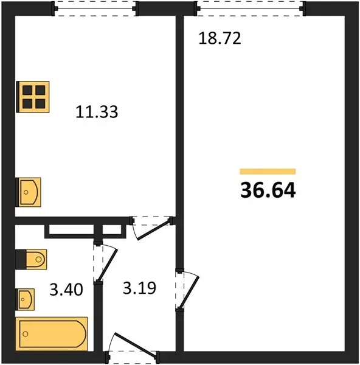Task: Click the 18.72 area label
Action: (220, 38)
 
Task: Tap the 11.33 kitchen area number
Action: (97, 112)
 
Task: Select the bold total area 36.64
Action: (268, 190)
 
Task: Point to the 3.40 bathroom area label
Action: (66, 290)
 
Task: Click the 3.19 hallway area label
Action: (139, 288)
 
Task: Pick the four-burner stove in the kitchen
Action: (33, 97)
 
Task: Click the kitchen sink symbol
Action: (28, 192)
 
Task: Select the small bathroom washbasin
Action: (25, 299)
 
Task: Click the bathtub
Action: (52, 334)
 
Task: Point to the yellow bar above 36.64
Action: (268, 172)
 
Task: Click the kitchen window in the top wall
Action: (95, 9)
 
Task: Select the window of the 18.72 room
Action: (250, 9)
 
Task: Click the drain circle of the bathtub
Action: (26, 334)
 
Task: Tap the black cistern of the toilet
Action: (21, 259)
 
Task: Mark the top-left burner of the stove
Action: (27, 90)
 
